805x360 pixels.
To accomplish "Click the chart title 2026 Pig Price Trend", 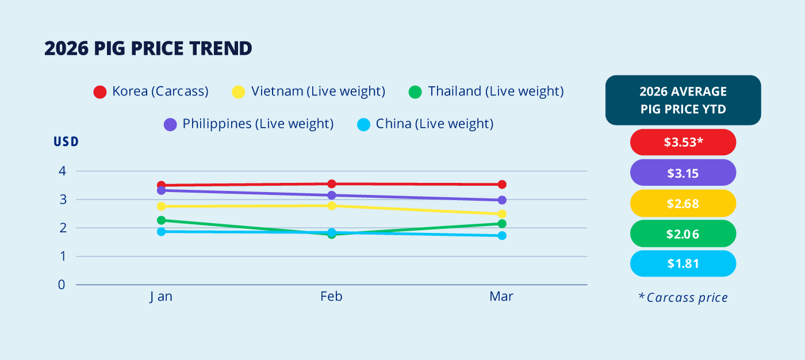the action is point(148,48).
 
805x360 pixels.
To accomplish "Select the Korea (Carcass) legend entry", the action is point(151,91).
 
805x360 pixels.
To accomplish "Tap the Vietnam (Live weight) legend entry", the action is point(309,91).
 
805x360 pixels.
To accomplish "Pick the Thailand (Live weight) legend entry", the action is point(486,91).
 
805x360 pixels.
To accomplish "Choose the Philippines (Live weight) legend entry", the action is point(248,124).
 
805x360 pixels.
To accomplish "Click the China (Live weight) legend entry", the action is point(425,124).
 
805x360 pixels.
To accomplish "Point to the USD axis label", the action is point(66,141).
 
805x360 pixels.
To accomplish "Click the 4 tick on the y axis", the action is point(63,171).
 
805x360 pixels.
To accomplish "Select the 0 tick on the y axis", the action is point(62,285).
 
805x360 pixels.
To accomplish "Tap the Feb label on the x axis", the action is point(331,296).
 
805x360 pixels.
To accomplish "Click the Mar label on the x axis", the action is point(501,296).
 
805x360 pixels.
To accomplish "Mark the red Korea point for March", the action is point(502,184).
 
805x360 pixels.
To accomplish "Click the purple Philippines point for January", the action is point(162,190).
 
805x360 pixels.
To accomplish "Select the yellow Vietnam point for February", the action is point(332,206).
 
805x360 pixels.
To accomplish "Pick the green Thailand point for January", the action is point(162,220).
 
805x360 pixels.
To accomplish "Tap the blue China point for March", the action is point(502,236).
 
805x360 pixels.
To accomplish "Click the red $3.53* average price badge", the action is point(683,142).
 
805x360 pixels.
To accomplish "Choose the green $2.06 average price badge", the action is point(683,234).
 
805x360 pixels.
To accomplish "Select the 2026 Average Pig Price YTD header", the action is point(683,100).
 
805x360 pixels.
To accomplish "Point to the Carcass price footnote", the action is point(683,297).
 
